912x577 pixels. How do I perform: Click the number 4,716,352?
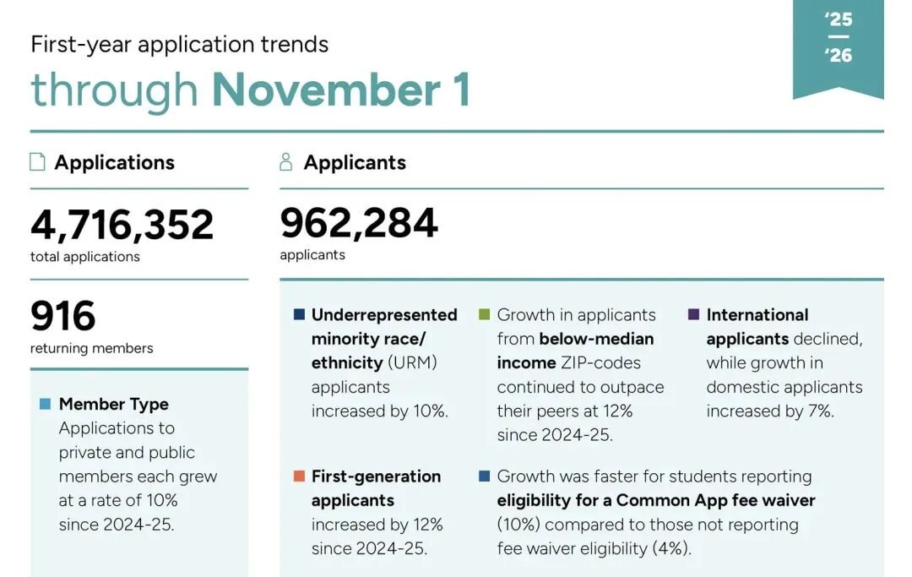click(x=122, y=225)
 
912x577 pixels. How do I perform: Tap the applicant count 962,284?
click(x=359, y=223)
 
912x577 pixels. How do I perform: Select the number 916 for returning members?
click(x=63, y=317)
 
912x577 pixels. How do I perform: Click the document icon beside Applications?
click(x=37, y=162)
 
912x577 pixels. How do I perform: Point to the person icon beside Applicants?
click(x=286, y=162)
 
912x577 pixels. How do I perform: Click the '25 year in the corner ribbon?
click(x=839, y=19)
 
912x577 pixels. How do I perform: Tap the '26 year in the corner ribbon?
click(x=839, y=56)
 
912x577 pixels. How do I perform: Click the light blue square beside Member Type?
click(x=45, y=404)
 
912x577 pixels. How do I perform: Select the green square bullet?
click(x=484, y=314)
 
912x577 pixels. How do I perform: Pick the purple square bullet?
click(x=693, y=314)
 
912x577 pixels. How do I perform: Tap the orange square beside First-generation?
click(x=299, y=476)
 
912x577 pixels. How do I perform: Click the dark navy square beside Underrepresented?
click(x=299, y=314)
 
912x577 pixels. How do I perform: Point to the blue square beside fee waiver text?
click(x=484, y=476)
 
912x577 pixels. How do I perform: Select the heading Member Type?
click(x=114, y=404)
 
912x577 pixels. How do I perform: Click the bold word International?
click(x=757, y=315)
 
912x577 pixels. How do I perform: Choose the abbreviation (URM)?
click(x=415, y=363)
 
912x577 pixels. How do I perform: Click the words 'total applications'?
click(x=85, y=256)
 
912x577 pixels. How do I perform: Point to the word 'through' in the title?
click(x=114, y=90)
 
